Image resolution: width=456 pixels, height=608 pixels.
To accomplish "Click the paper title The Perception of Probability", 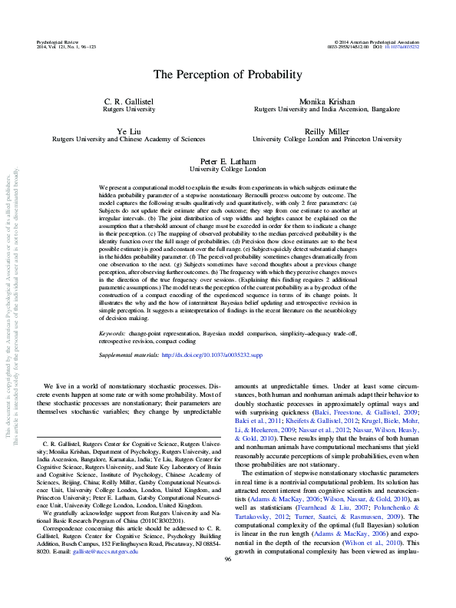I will [227, 74].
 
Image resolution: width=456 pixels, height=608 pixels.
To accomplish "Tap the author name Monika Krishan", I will [326, 101].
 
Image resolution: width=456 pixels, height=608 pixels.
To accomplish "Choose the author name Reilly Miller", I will [326, 131].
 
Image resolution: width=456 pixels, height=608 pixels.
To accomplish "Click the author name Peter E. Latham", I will [227, 161].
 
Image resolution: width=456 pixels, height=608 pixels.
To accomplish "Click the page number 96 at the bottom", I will [227, 580].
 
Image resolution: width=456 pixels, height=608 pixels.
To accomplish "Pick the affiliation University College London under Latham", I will [227, 170].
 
